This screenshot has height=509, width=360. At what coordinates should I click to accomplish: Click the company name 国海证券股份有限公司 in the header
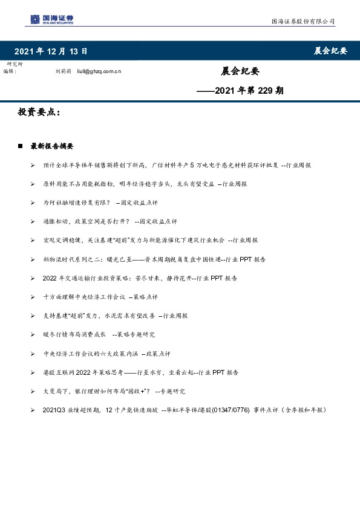click(x=303, y=22)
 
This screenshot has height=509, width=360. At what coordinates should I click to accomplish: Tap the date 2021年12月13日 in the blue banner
click(x=50, y=51)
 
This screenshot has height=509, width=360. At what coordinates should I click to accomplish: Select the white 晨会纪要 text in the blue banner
click(x=330, y=51)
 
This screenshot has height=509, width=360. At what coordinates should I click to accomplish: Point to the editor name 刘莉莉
click(x=63, y=71)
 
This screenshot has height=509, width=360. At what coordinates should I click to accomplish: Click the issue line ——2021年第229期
click(x=241, y=91)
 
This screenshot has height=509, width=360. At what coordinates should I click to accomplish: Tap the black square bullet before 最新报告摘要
click(x=21, y=146)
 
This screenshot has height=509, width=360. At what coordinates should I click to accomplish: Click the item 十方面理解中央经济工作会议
click(x=100, y=297)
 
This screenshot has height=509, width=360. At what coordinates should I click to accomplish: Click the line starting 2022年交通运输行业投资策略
click(x=139, y=278)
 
